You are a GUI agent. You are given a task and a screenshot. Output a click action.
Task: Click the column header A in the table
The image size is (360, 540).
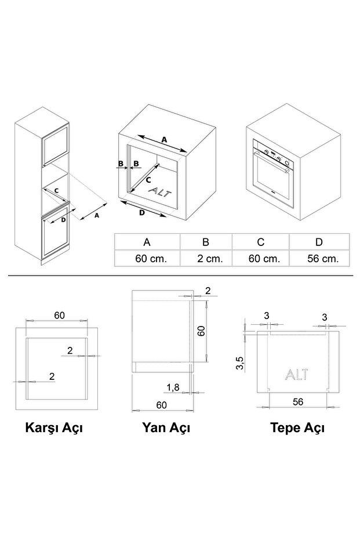coord(147,242)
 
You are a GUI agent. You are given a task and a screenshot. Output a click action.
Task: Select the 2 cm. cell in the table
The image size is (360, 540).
coord(206,259)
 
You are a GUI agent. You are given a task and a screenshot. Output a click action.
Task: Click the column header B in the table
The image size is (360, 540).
coord(206,242)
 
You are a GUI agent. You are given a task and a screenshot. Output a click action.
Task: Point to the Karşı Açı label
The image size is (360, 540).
coord(54,429)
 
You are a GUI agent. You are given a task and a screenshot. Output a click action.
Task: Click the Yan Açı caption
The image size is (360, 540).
coord(166,429)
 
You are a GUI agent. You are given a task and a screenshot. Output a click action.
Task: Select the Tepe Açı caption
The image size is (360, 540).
coord(297,429)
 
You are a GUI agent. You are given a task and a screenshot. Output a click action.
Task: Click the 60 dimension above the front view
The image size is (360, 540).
coord(59,315)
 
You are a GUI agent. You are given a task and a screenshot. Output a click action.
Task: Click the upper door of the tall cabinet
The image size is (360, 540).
coord(56,145)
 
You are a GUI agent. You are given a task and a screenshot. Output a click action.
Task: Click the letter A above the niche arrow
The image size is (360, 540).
coord(164,140)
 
